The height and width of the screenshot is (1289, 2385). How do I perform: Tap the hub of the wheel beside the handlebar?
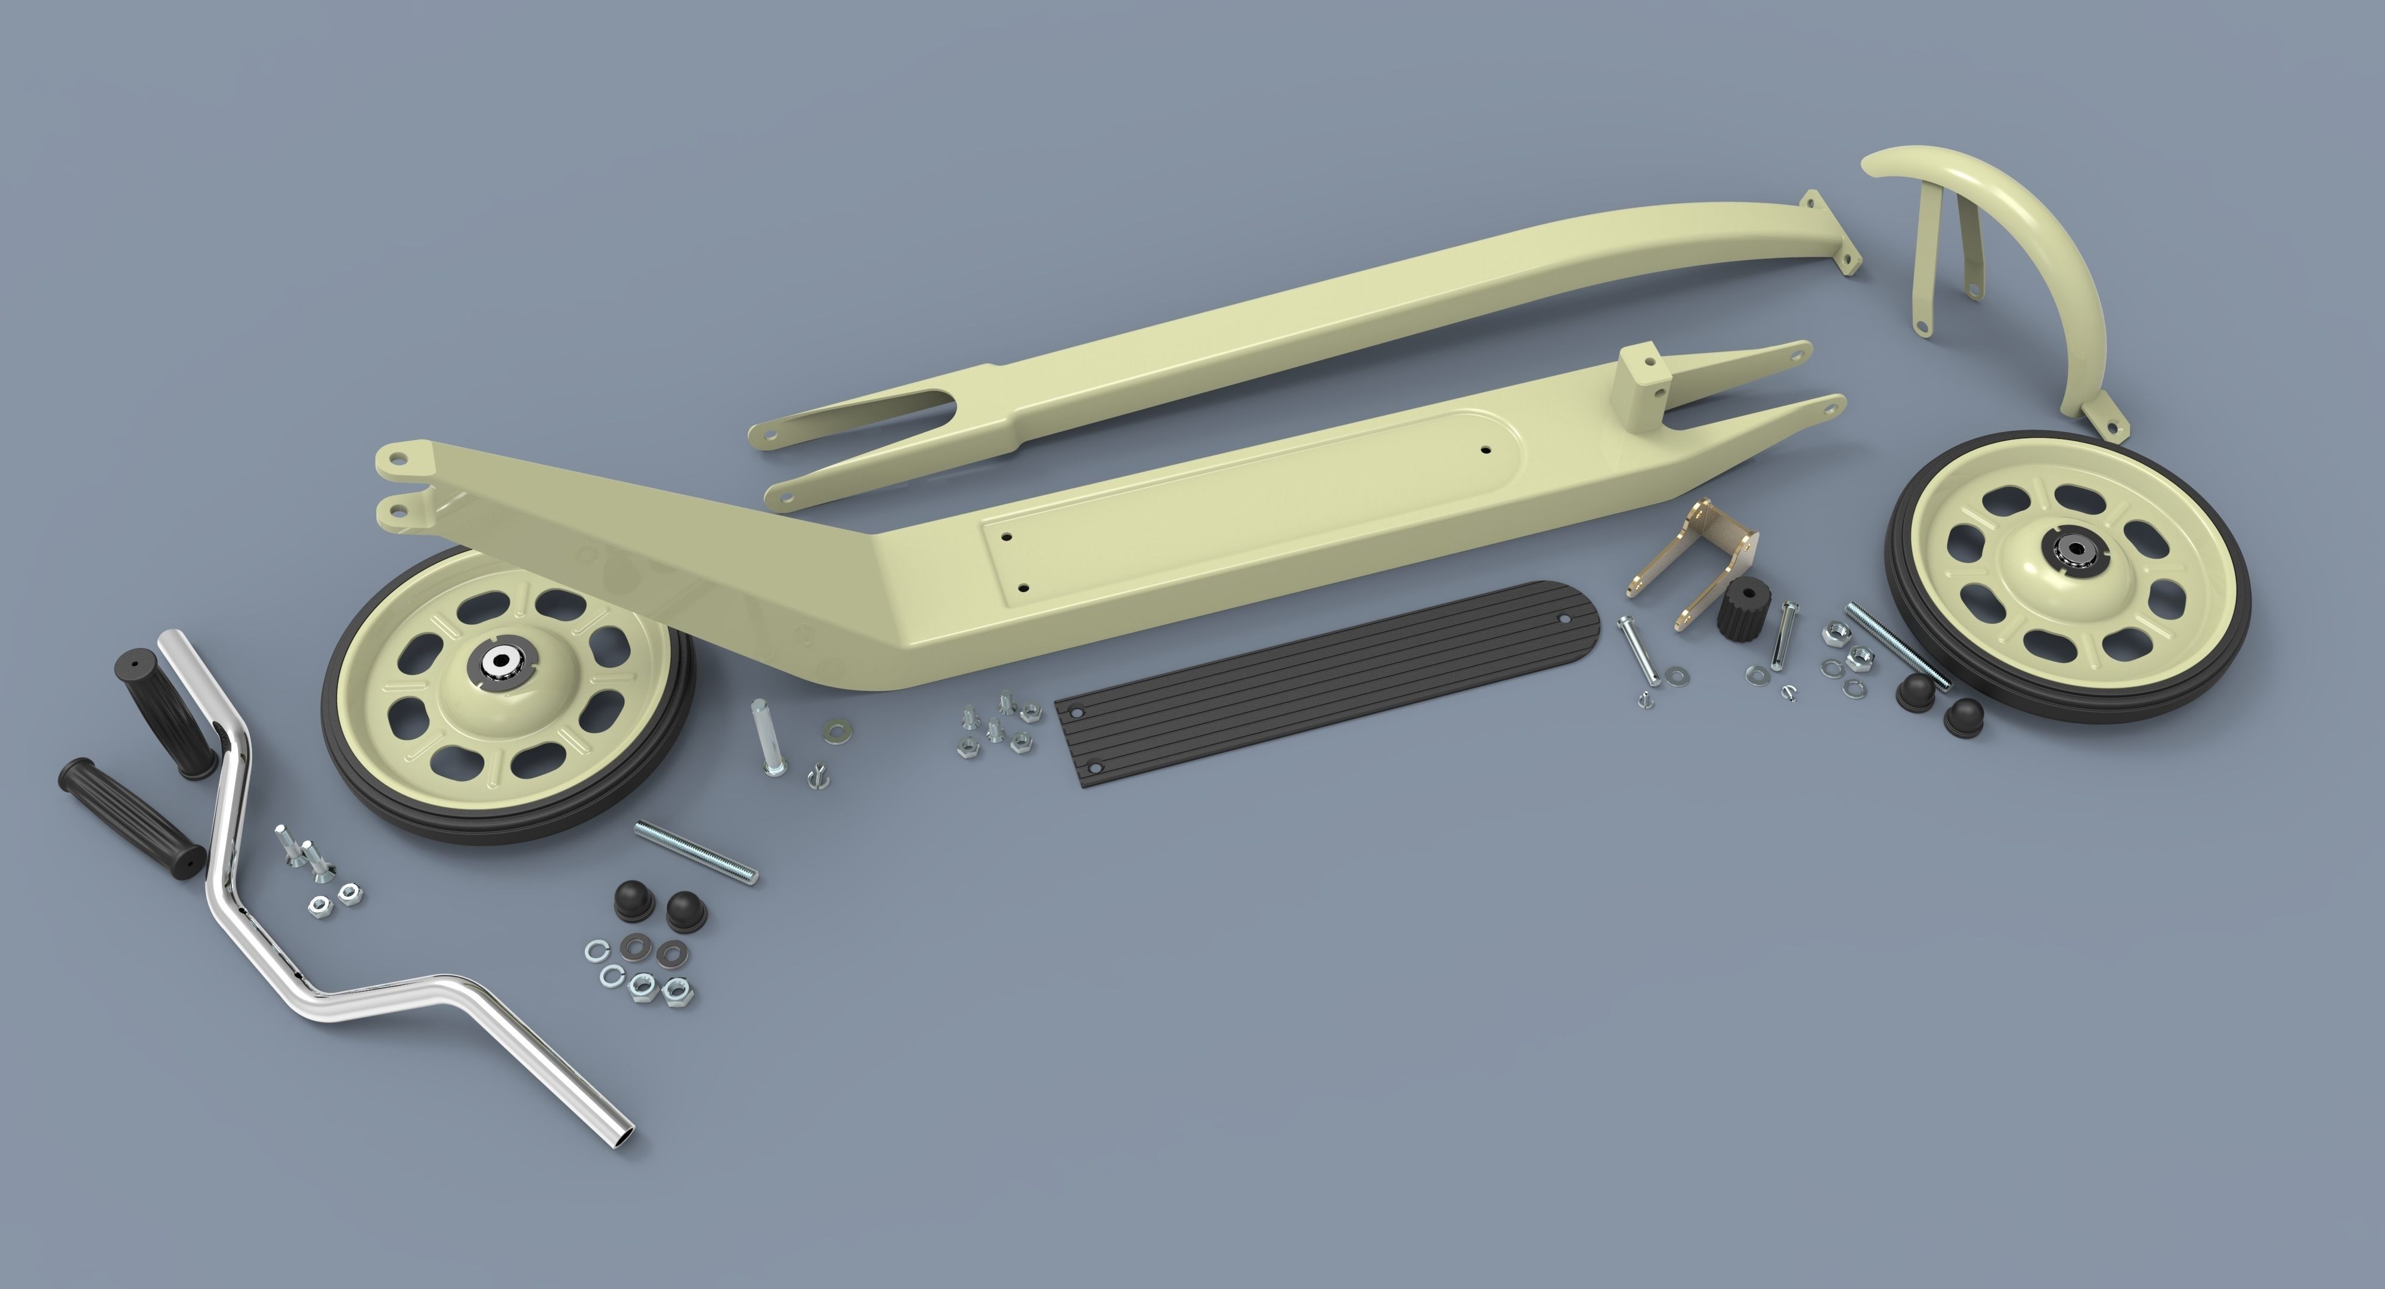502,660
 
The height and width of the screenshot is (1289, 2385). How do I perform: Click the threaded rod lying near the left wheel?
695,853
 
